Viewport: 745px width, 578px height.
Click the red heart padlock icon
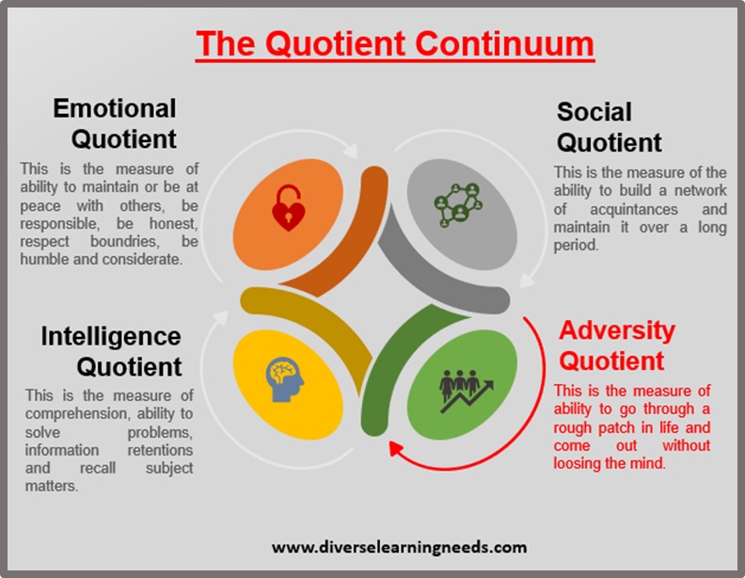288,208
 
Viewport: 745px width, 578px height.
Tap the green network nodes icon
458,204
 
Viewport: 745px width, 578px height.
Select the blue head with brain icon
284,379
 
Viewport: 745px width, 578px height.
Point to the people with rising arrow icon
467,391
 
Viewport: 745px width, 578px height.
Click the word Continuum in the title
504,43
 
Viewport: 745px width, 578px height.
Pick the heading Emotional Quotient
115,123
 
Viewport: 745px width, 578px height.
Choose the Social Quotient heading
610,127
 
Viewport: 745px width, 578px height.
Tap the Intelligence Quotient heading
111,351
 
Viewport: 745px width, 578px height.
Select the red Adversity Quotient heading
617,345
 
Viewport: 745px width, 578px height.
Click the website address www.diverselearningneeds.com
399,547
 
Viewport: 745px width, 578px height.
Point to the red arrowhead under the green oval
396,448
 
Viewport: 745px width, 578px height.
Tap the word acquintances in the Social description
634,209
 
